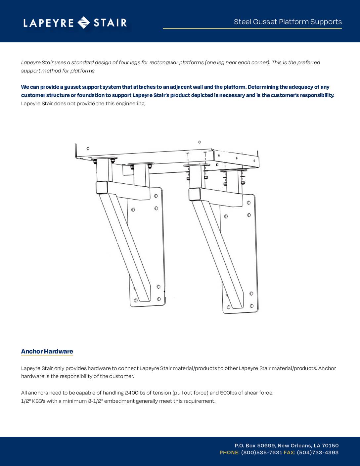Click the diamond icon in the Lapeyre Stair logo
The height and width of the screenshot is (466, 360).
83,23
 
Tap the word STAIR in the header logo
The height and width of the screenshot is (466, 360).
110,23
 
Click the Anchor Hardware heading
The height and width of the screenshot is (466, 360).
47,351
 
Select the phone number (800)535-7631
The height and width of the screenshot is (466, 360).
262,452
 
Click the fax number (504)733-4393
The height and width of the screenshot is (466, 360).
318,452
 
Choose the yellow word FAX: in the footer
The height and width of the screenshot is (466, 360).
290,452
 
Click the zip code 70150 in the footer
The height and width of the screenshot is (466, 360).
330,445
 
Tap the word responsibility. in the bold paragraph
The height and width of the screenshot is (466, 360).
317,95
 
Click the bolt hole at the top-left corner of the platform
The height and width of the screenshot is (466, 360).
88,149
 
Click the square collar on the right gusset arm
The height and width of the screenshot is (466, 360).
195,194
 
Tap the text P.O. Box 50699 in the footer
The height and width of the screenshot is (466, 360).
255,445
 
